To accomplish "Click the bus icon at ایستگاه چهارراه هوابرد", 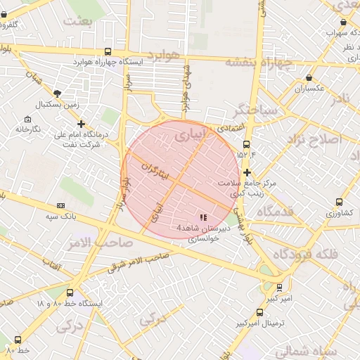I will tap(108, 51).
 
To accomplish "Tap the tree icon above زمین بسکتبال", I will tap(57, 94).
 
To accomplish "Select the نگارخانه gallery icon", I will tap(27, 119).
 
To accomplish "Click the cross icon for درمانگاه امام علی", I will tap(82, 124).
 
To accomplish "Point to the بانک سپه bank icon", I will tap(60, 205).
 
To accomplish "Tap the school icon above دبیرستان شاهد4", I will tap(203, 217).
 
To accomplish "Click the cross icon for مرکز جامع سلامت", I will tap(247, 172).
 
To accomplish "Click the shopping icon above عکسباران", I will tap(309, 78).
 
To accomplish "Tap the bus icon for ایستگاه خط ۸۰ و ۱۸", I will tap(69, 293).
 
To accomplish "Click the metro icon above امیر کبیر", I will tap(279, 288).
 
